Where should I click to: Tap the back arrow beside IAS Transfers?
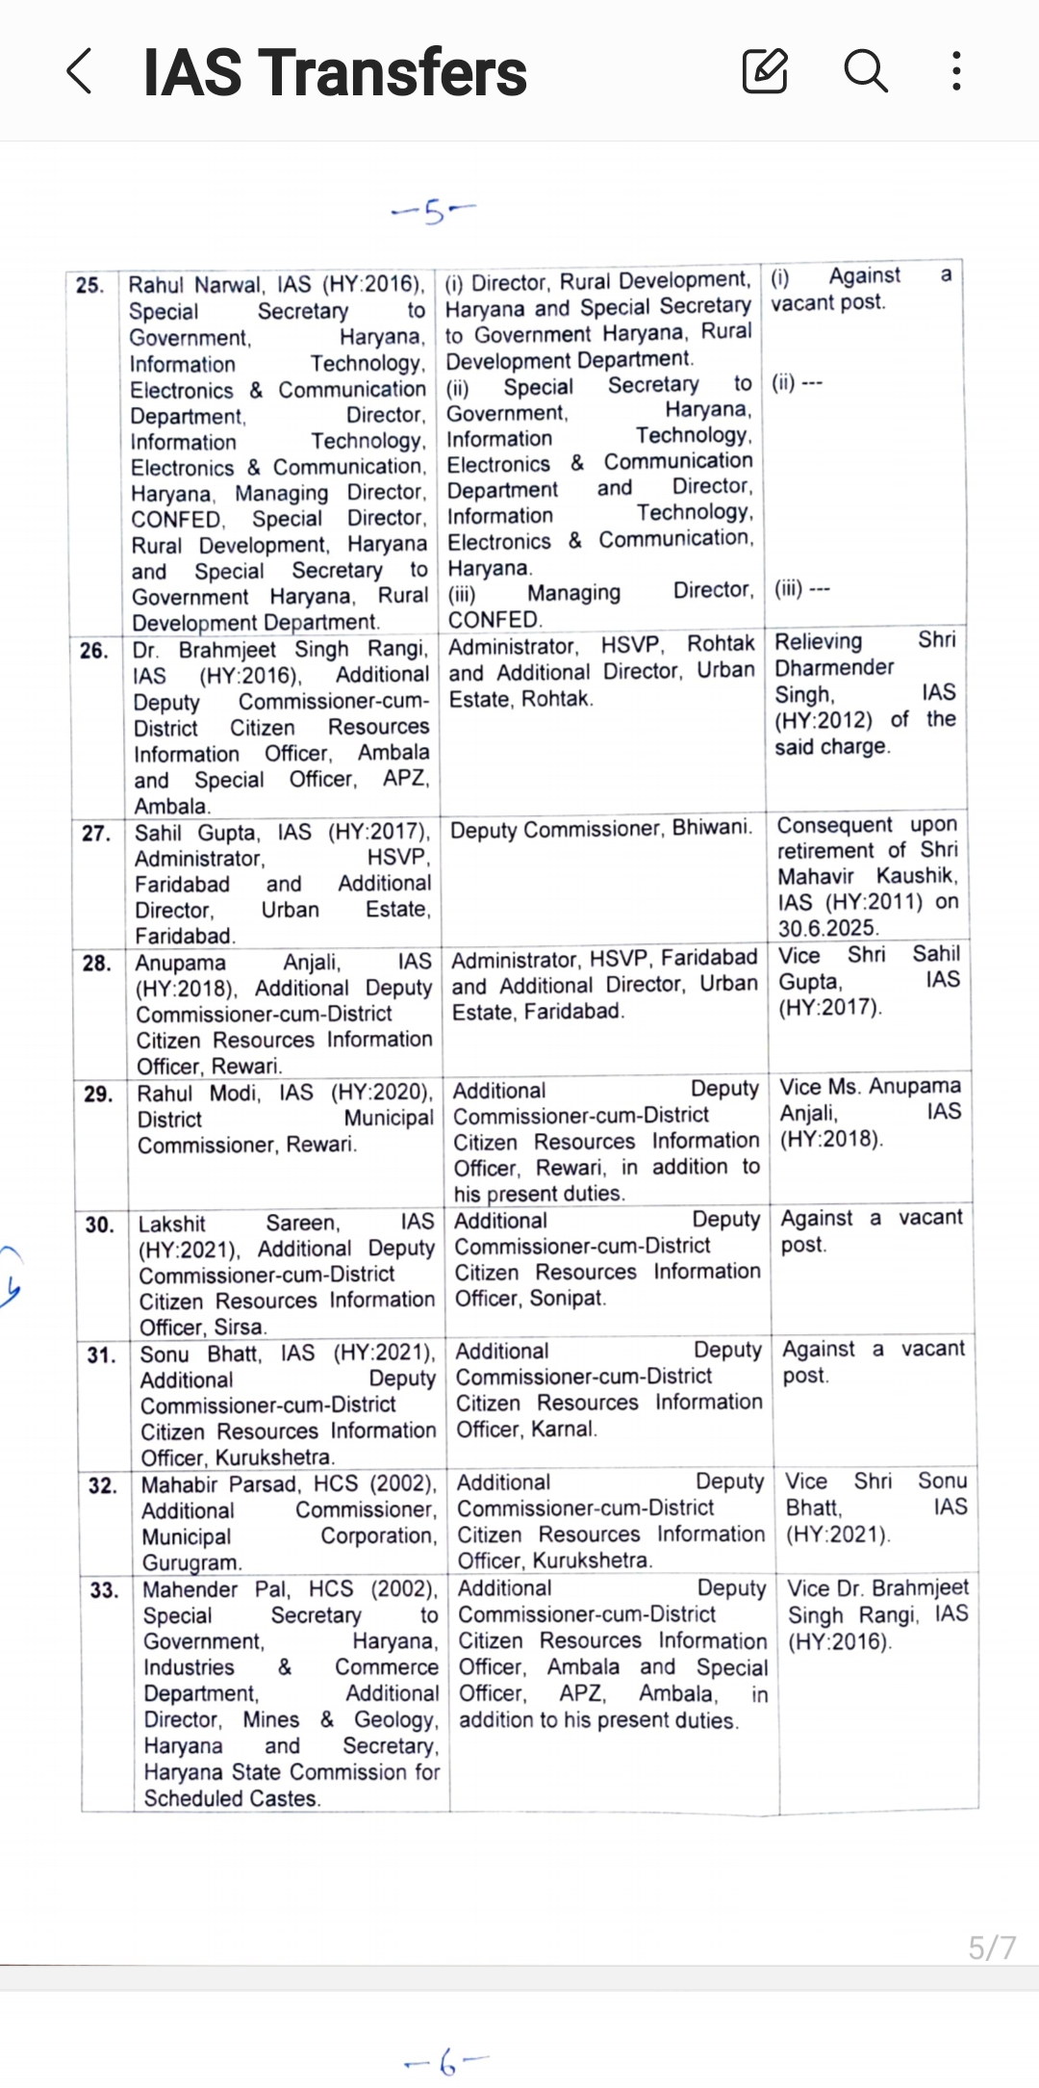(80, 72)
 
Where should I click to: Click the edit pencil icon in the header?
(765, 71)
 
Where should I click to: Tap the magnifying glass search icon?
(865, 71)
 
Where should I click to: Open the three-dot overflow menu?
(955, 71)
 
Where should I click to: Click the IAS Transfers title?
(335, 73)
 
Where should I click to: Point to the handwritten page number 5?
(434, 211)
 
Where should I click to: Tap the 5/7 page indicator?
(991, 1947)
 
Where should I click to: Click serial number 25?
(89, 286)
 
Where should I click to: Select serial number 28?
(97, 964)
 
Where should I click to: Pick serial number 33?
(104, 1590)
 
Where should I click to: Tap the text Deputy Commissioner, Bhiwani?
(600, 828)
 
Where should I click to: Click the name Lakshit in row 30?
(172, 1224)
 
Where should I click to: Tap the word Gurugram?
(192, 1562)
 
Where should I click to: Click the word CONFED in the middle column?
(494, 619)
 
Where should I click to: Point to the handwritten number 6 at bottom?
(446, 2063)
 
